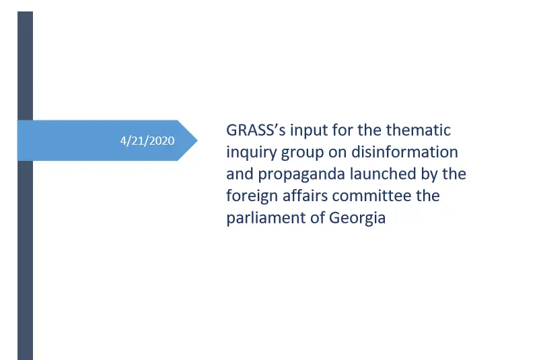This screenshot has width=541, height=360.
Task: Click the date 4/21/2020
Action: (147, 141)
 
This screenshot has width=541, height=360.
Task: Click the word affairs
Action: (297, 196)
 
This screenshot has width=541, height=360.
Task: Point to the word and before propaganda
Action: (237, 174)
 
